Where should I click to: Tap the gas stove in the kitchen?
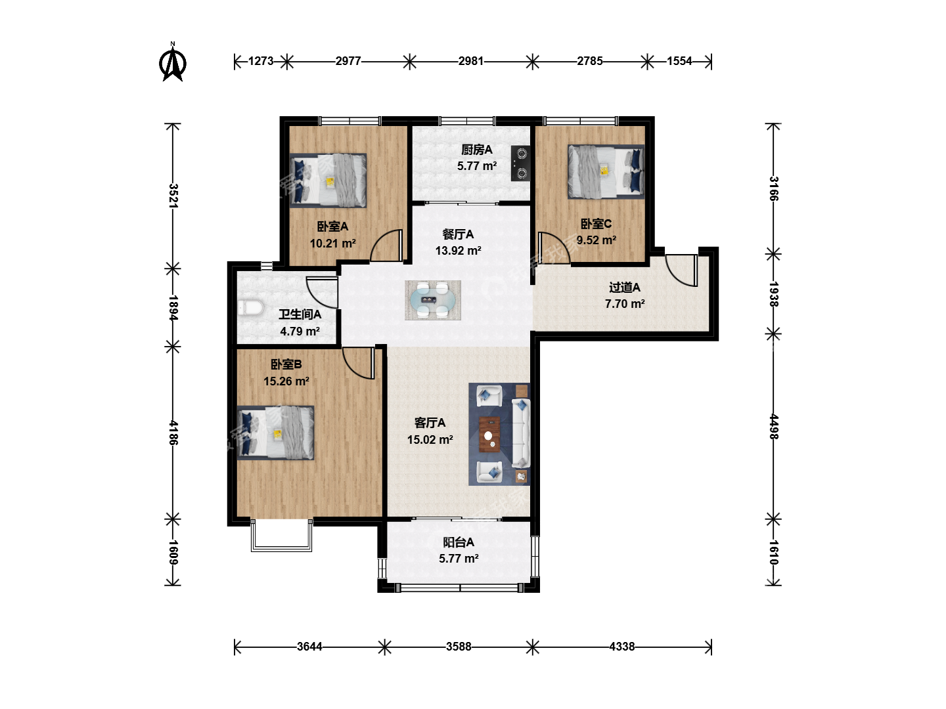520,163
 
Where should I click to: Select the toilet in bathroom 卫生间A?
251,308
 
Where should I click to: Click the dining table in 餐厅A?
433,300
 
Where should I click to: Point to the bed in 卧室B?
275,432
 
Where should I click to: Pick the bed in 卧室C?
606,172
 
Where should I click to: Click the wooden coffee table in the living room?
489,435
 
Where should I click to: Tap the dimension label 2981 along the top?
470,61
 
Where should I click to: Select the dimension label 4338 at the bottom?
622,647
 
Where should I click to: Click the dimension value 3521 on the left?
173,196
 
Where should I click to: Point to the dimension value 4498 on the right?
774,427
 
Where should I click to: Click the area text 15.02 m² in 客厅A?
430,440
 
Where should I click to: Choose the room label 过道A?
625,287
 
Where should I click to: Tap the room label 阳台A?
459,542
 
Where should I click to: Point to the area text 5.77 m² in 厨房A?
477,165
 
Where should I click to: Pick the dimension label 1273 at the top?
261,61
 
